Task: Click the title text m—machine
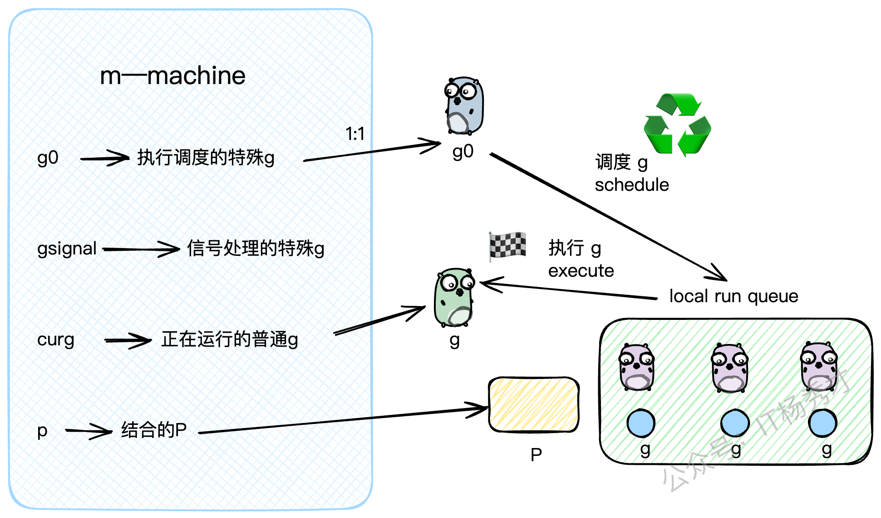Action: [x=172, y=75]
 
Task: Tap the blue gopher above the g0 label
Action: [x=463, y=106]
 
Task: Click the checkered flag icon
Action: [x=507, y=245]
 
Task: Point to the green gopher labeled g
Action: [x=454, y=298]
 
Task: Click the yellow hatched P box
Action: [x=534, y=404]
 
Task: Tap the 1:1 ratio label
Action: [x=355, y=134]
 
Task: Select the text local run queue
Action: [x=733, y=296]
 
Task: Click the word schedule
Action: [x=632, y=185]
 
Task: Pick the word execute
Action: [x=581, y=271]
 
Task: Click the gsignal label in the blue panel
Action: [x=67, y=249]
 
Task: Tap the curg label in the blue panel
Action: [x=56, y=339]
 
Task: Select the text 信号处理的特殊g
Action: [x=256, y=249]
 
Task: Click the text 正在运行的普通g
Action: [x=230, y=339]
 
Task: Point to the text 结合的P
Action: [x=154, y=430]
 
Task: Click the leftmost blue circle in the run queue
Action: [x=641, y=423]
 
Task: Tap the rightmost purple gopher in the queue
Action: [x=819, y=367]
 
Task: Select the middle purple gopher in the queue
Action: [x=729, y=368]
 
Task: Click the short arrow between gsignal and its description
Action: [x=141, y=249]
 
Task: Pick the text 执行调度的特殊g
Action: [x=206, y=158]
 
